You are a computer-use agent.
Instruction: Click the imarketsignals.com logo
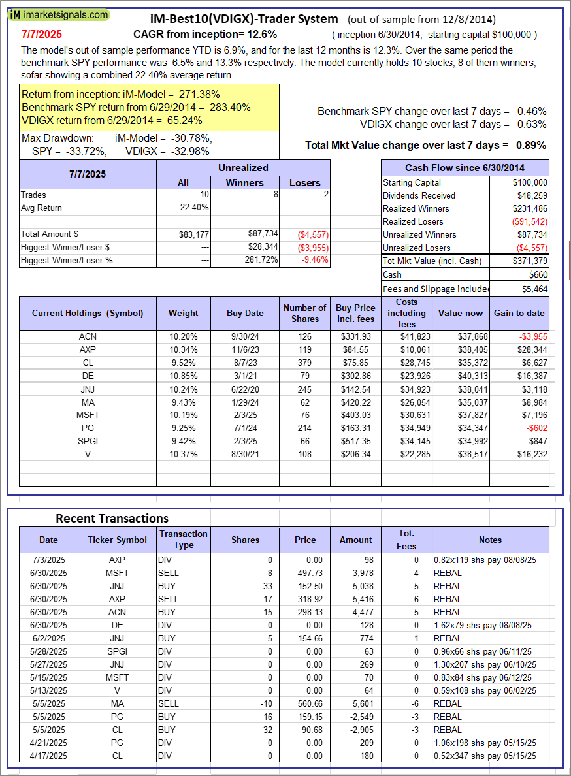59,14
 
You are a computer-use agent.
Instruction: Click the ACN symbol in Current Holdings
87,336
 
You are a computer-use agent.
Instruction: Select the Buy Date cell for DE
245,376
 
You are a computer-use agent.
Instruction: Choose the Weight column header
183,313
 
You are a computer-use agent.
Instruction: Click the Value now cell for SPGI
461,441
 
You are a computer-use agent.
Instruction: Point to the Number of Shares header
304,313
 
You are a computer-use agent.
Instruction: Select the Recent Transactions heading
112,518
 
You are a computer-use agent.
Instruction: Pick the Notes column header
490,540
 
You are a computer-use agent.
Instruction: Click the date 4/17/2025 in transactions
48,756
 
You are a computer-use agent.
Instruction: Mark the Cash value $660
538,274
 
